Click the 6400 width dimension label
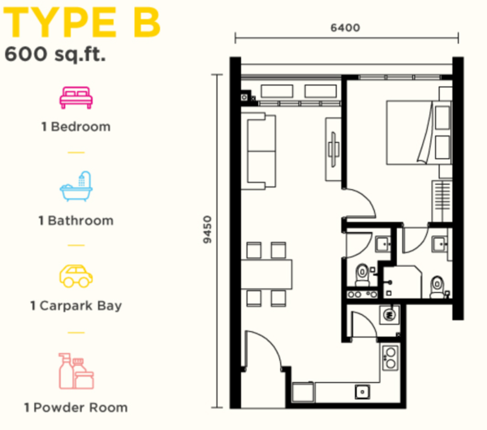[x=345, y=28]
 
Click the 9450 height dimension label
[x=207, y=230]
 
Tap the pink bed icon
[x=76, y=97]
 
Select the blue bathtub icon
[x=76, y=187]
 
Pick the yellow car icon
[x=76, y=276]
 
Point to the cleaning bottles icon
[x=76, y=371]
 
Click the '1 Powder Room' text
[x=76, y=407]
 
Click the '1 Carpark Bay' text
[x=76, y=306]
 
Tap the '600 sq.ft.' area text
[x=55, y=54]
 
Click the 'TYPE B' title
[x=82, y=23]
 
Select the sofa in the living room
[x=258, y=151]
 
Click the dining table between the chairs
[x=266, y=274]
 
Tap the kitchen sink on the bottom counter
[x=363, y=392]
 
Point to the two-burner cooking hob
[x=390, y=358]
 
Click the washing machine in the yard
[x=389, y=315]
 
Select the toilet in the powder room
[x=362, y=275]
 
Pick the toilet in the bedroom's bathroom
[x=437, y=286]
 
